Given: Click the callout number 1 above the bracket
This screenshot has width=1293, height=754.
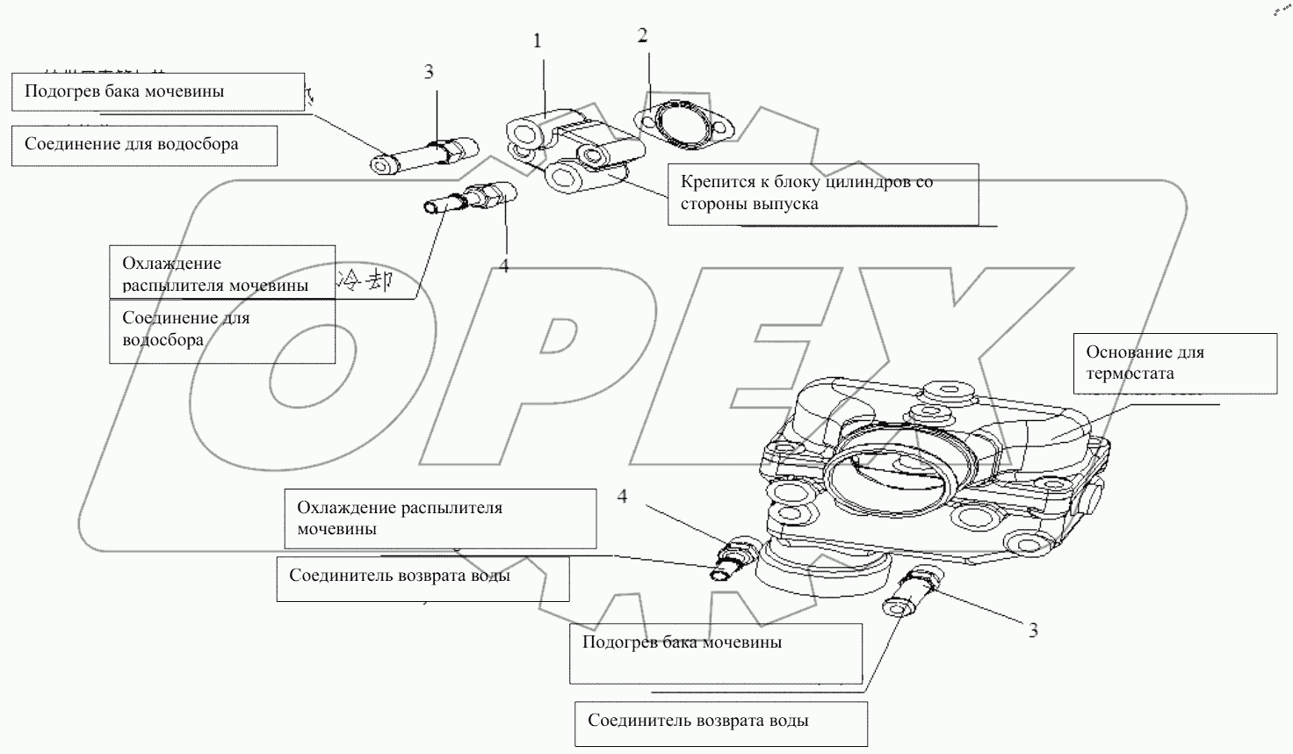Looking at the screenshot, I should pyautogui.click(x=538, y=41).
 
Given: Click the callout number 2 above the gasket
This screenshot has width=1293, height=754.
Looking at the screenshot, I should pyautogui.click(x=643, y=36).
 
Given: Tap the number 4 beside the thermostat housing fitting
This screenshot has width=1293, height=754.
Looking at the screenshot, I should pyautogui.click(x=622, y=497).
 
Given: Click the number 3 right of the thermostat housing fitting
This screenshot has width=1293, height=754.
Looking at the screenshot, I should pyautogui.click(x=1033, y=630).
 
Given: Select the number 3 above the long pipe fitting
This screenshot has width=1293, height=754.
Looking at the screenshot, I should pyautogui.click(x=429, y=72).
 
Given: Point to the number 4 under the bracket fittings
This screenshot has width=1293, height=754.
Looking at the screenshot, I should pyautogui.click(x=504, y=266).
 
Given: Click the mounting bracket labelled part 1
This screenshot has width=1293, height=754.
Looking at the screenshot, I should pyautogui.click(x=571, y=149).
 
